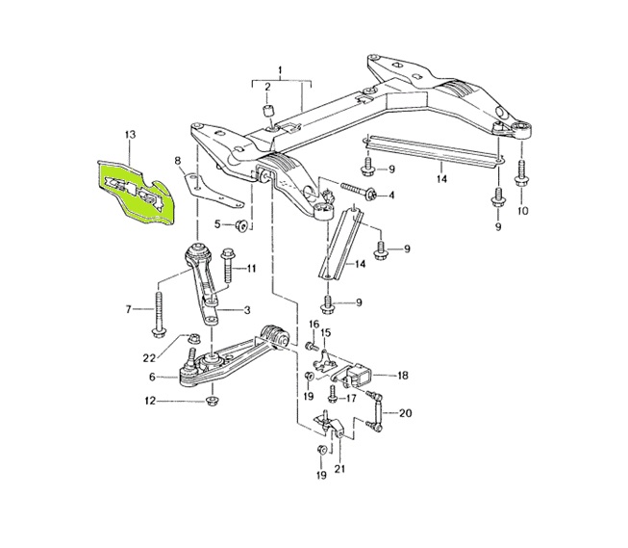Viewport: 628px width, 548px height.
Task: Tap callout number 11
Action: [251, 268]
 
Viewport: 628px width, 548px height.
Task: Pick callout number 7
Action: [129, 309]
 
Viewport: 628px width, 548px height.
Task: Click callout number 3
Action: [247, 309]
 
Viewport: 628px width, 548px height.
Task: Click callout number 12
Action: [150, 401]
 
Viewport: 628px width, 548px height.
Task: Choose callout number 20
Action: [404, 412]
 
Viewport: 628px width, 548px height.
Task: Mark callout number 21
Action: [339, 469]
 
